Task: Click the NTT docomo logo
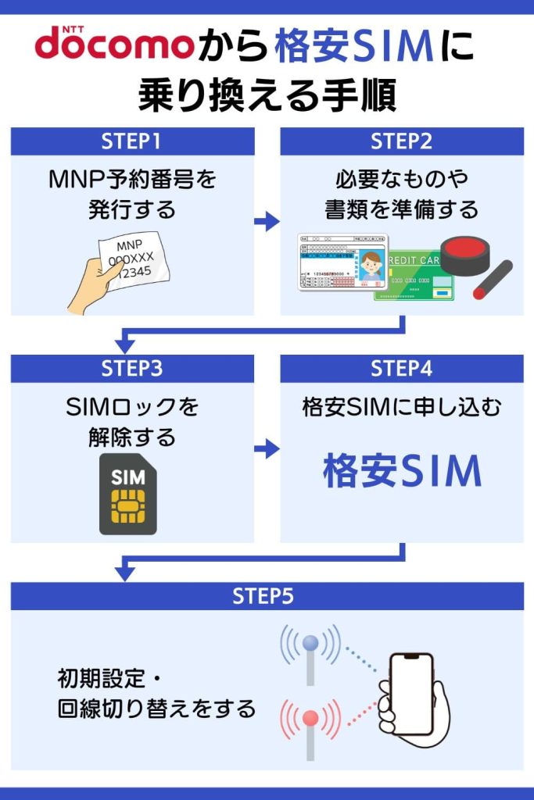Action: [x=113, y=45]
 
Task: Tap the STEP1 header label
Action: [x=131, y=141]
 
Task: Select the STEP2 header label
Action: [x=401, y=141]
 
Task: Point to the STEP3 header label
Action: [x=131, y=368]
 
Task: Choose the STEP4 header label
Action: [x=401, y=368]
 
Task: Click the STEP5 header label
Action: [x=267, y=596]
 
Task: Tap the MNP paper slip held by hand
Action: [x=133, y=259]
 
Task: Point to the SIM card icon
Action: [x=127, y=494]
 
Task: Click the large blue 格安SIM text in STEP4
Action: [x=402, y=471]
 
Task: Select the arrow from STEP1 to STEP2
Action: [x=267, y=222]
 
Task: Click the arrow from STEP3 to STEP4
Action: [x=267, y=448]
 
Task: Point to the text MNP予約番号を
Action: [x=131, y=180]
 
